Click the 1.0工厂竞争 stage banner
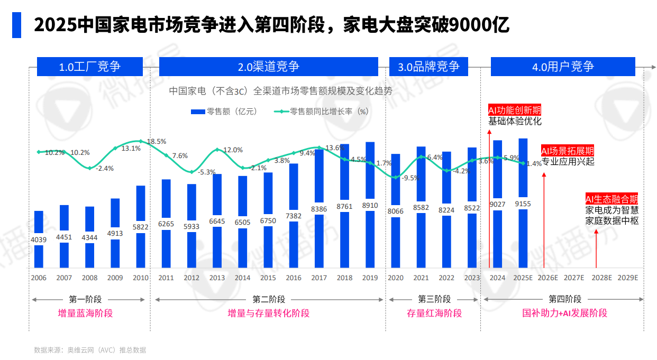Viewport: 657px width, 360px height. (x=90, y=67)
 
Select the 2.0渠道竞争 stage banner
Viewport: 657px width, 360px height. (x=269, y=67)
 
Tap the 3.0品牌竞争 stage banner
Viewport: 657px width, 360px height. (x=428, y=67)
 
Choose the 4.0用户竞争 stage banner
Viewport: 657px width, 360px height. (x=563, y=67)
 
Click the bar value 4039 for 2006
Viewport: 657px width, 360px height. (x=39, y=239)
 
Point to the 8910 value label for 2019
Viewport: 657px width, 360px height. (x=370, y=206)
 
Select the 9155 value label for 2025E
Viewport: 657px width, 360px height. (x=523, y=204)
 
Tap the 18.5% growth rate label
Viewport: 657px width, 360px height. (x=157, y=142)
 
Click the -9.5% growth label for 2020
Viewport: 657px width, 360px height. (x=410, y=178)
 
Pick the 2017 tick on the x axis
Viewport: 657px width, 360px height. (x=319, y=278)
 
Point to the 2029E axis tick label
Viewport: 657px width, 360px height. (x=628, y=278)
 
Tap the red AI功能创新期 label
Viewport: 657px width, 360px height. (x=515, y=110)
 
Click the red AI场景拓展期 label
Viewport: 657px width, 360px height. (x=568, y=150)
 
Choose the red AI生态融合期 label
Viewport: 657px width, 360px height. (x=612, y=199)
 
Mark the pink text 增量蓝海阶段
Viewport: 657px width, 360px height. (x=85, y=313)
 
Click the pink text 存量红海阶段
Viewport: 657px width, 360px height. (x=434, y=313)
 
